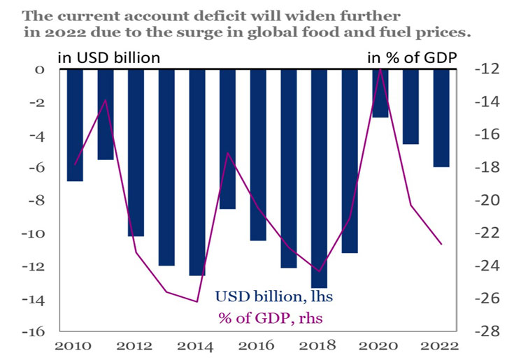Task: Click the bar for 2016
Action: pyautogui.click(x=258, y=154)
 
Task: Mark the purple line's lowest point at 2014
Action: pyautogui.click(x=197, y=302)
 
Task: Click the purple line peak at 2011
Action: pyautogui.click(x=106, y=100)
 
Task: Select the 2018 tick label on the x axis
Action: pyautogui.click(x=319, y=345)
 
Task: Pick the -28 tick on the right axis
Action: pyautogui.click(x=484, y=331)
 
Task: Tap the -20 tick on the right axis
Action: pyautogui.click(x=484, y=200)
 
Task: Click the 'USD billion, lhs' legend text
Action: pyautogui.click(x=273, y=297)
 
